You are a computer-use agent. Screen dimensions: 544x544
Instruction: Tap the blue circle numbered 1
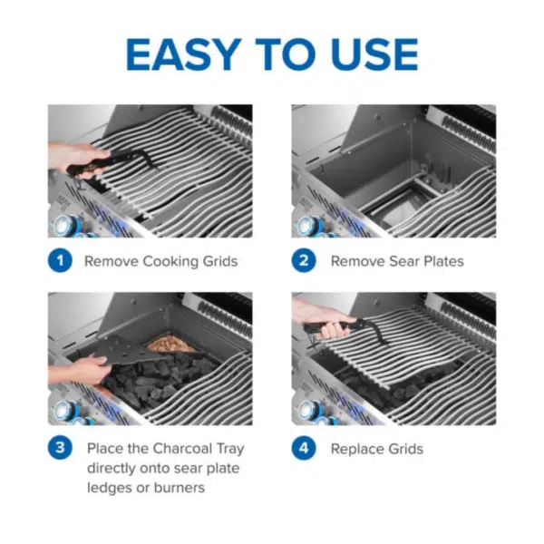pos(60,261)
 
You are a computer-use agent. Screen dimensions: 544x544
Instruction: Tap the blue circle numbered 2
pos(304,261)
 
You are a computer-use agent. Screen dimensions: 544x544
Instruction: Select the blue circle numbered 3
pos(60,449)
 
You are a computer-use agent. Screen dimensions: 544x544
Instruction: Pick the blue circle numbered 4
pos(304,449)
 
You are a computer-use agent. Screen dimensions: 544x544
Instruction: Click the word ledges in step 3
pos(112,488)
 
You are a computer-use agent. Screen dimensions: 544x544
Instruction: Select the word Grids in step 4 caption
pos(405,449)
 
